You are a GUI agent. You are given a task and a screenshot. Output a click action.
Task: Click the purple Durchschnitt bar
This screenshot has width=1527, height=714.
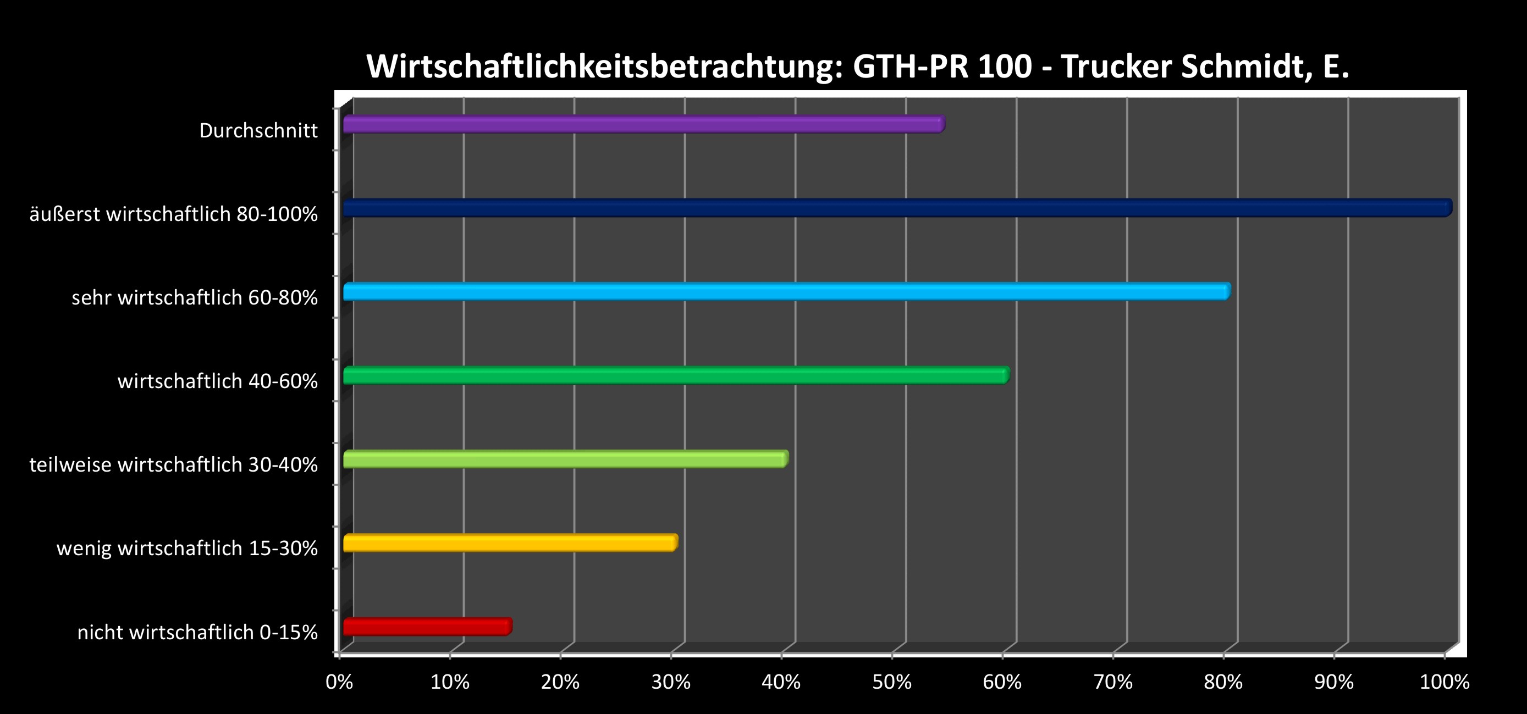643,124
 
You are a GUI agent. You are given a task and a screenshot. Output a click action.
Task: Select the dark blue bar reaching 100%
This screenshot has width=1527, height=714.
897,208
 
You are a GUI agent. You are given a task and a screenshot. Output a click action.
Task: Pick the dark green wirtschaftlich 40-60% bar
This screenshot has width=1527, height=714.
676,375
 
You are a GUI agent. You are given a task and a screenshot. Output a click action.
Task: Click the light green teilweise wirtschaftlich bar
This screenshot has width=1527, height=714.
565,459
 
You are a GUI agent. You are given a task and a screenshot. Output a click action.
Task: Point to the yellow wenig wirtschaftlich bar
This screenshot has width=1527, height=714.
510,543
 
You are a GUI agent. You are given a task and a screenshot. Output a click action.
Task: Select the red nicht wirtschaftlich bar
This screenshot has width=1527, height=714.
427,626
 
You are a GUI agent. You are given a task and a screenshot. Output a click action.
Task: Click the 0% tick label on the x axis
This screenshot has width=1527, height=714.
339,682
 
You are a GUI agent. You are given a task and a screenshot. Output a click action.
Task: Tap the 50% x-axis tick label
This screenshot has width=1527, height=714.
891,682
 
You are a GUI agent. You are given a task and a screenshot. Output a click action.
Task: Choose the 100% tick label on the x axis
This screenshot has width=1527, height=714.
1444,682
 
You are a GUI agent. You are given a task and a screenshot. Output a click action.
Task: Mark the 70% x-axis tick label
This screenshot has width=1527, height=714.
1112,682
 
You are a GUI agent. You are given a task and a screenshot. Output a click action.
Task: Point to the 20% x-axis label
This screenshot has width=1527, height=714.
560,682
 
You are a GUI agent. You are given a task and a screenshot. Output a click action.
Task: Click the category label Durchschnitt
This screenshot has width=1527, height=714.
258,130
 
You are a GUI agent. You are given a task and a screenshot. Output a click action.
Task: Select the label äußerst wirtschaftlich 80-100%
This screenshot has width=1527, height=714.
174,214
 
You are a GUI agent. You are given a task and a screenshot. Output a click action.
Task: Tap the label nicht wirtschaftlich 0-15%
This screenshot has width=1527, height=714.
197,632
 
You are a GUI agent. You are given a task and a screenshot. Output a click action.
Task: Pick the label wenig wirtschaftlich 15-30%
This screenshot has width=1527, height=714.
188,549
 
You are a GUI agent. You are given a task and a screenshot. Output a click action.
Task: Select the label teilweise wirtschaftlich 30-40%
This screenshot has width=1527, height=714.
174,465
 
